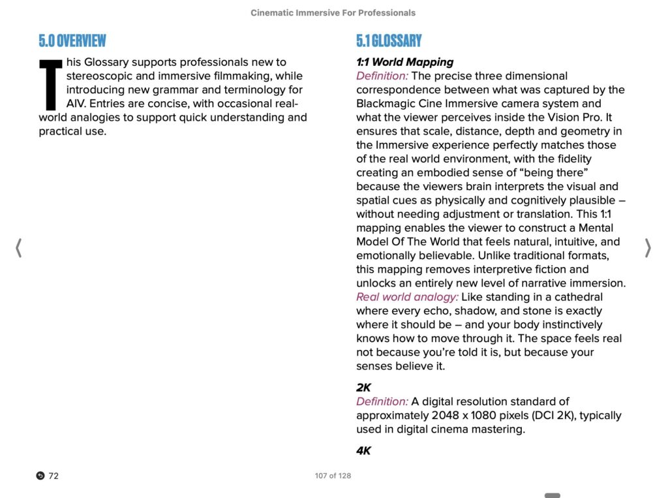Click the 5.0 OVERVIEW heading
coord(72,40)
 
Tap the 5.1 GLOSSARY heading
coord(389,40)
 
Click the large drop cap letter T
coord(51,85)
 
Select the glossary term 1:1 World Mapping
coord(404,62)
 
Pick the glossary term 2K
coord(363,388)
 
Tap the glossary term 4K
coord(363,450)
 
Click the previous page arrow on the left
coord(19,248)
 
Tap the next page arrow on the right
coord(648,248)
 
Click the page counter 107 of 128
coord(333,476)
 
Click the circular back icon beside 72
coord(40,476)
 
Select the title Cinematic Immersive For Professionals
coord(333,12)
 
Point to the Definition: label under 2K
coord(382,401)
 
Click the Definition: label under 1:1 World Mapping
coord(382,76)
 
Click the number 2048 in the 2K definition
coord(446,415)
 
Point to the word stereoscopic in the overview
coord(99,76)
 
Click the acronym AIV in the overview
coord(76,104)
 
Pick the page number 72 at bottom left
coord(53,476)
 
